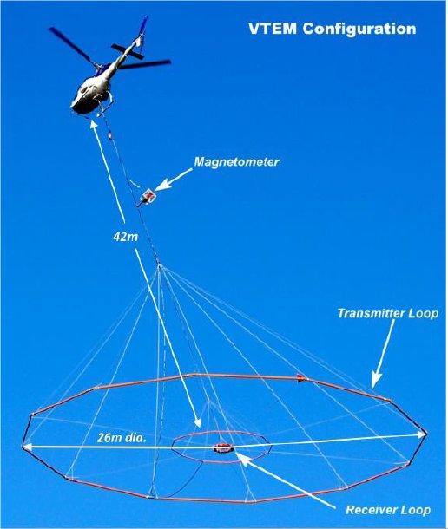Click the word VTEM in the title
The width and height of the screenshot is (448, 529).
coord(273,29)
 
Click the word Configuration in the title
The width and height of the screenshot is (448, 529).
coord(359,29)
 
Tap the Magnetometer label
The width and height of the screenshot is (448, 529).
coord(236,162)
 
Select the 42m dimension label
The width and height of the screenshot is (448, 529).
coord(125,237)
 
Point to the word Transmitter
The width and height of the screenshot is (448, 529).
coord(371,313)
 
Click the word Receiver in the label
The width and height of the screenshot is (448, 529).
coord(369,510)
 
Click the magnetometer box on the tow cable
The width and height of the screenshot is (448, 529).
coord(148,195)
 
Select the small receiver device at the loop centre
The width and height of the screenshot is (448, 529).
coord(222,448)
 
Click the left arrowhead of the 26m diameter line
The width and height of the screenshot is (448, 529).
coord(28,447)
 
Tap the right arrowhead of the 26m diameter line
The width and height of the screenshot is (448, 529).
coord(422,434)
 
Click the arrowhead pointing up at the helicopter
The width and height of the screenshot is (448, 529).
coord(94,125)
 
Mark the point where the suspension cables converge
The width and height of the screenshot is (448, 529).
coord(160,266)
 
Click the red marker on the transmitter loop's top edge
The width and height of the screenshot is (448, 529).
coord(301,378)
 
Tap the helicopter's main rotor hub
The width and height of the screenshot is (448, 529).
coord(99,66)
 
